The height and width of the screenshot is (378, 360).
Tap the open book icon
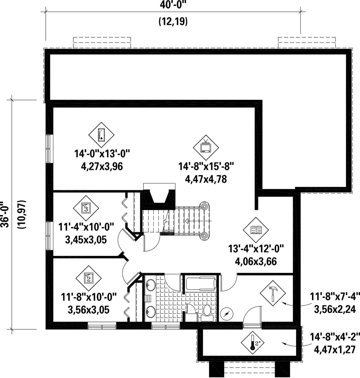pos(256,230)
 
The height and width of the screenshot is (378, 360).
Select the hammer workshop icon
pos(273,293)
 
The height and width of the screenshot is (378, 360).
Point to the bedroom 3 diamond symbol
pos(86,208)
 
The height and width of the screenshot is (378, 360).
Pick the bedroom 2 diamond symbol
pos(88,279)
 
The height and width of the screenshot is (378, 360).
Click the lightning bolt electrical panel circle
pos(227,314)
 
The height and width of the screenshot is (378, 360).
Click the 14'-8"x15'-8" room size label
pos(206,166)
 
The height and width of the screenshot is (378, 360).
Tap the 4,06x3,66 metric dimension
pos(256,261)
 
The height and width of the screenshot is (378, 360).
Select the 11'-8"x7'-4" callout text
pos(335,296)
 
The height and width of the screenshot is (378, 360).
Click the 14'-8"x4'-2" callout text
pos(335,337)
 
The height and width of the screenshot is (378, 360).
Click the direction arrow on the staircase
pos(198,221)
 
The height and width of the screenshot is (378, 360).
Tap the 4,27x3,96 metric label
pos(102,166)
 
